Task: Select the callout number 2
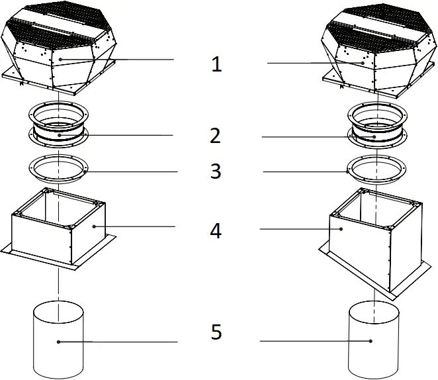pyautogui.click(x=215, y=136)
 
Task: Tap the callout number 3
pyautogui.click(x=215, y=171)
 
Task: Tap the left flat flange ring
pyautogui.click(x=59, y=170)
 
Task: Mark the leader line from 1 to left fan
pyautogui.click(x=119, y=60)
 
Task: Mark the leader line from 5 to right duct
pyautogui.click(x=311, y=342)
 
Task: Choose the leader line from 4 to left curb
pyautogui.click(x=136, y=227)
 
